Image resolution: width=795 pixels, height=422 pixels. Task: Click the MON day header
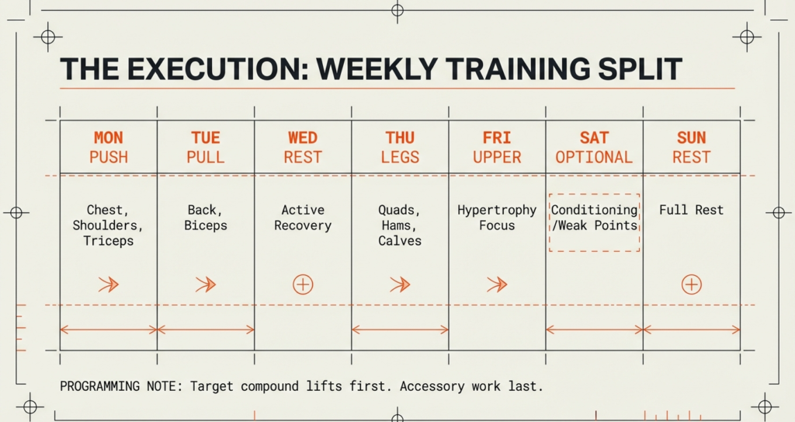108,138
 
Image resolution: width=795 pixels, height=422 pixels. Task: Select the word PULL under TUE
205,157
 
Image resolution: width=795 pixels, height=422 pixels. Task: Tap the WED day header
303,138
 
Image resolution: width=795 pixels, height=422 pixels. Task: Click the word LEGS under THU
400,157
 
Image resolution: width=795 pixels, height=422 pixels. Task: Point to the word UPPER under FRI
497,157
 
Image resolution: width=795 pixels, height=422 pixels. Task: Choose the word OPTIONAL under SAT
594,157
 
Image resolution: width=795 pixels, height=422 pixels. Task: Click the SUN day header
691,138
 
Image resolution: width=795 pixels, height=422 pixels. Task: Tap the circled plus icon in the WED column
303,284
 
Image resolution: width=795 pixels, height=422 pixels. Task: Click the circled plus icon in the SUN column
691,284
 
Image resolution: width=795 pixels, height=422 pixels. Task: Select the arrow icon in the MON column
109,284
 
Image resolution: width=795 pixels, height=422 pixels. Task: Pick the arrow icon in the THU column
400,284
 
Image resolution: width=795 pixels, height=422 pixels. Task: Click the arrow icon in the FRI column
497,284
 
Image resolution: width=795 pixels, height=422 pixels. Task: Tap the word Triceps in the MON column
109,241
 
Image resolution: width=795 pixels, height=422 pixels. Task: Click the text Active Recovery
303,218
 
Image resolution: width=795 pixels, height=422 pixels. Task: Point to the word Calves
400,241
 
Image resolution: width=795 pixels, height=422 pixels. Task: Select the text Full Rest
691,210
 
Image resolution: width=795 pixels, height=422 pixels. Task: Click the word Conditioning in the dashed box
594,210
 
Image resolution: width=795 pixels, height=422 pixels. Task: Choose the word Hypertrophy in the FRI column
497,210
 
